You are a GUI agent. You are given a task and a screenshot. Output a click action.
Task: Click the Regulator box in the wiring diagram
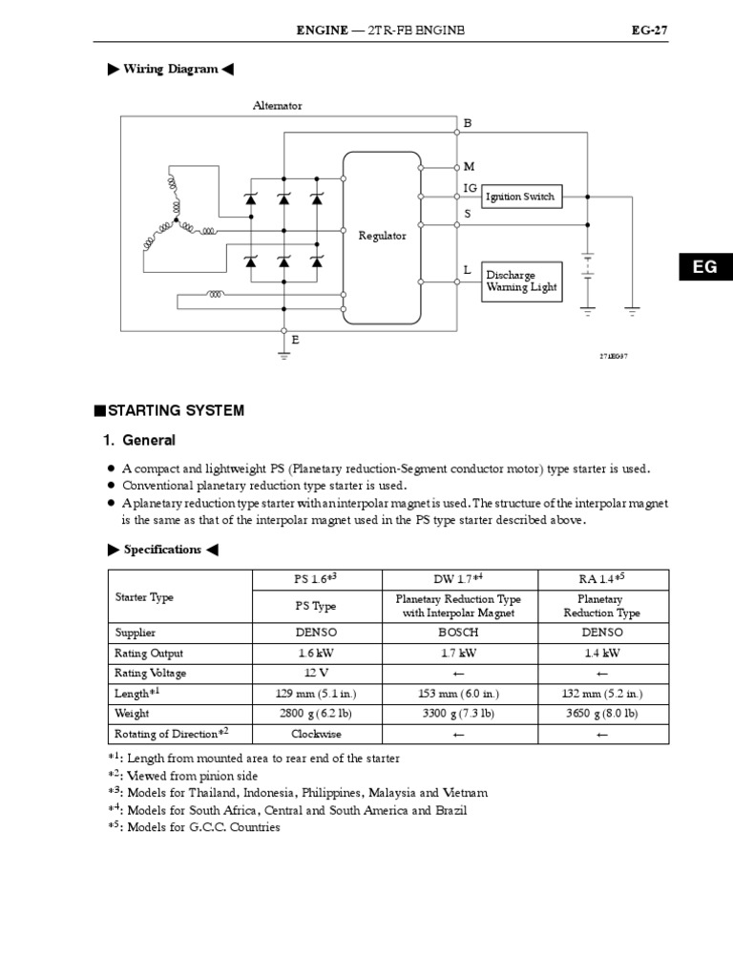click(382, 236)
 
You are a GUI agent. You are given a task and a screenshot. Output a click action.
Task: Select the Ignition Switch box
click(519, 197)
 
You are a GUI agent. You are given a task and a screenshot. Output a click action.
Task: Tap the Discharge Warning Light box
click(519, 281)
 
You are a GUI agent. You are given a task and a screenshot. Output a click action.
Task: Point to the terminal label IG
click(470, 189)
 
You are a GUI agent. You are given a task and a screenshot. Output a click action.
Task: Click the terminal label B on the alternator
click(468, 123)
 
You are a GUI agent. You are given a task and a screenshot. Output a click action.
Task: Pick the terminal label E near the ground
click(296, 340)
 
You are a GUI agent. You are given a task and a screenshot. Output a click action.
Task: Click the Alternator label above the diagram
click(277, 106)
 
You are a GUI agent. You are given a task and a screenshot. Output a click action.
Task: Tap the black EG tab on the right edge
click(704, 267)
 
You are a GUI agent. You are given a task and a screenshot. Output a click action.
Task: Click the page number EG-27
click(649, 31)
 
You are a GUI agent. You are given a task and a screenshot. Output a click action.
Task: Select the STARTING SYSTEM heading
click(176, 410)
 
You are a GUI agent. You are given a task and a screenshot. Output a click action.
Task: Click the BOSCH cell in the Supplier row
click(459, 633)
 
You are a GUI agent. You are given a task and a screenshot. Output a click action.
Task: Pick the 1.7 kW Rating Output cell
click(459, 654)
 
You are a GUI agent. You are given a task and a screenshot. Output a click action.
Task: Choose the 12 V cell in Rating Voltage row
click(316, 674)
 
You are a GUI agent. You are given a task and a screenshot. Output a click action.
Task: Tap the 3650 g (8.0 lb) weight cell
click(603, 713)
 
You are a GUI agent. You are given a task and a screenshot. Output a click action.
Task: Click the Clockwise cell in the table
click(316, 734)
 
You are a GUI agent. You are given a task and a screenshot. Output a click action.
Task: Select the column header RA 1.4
click(601, 579)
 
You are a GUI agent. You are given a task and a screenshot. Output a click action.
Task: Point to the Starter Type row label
click(144, 597)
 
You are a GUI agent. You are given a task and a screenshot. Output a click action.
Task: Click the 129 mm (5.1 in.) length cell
click(316, 694)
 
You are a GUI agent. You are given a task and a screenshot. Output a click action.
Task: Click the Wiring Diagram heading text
click(171, 70)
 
